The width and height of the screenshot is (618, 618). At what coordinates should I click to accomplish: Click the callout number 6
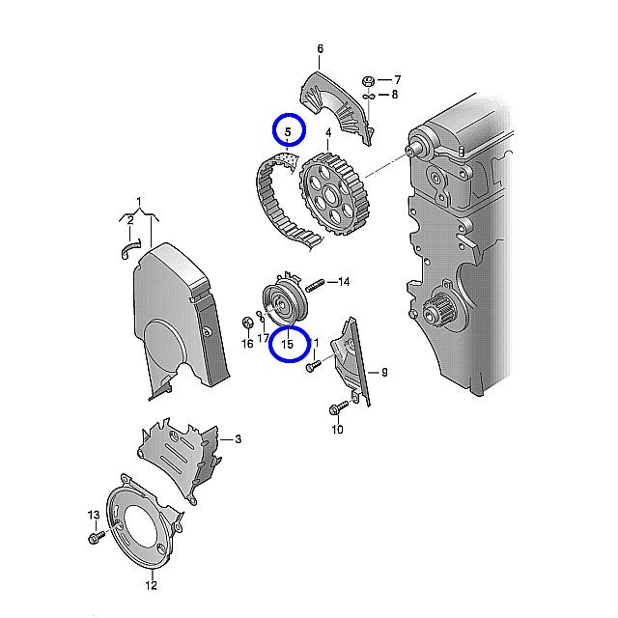click(320, 49)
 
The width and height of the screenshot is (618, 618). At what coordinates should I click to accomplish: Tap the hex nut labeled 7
click(368, 82)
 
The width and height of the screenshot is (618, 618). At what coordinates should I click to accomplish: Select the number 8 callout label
click(395, 95)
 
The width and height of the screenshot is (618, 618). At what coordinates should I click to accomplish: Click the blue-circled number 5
click(288, 132)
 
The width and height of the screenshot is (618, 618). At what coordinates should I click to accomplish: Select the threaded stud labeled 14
click(315, 285)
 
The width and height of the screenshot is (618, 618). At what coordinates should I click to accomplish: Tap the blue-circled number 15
click(288, 344)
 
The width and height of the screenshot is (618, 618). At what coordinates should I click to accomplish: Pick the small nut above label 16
click(247, 323)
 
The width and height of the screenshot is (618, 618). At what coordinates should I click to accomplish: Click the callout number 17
click(263, 338)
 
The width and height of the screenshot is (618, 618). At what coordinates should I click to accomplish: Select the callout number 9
click(384, 373)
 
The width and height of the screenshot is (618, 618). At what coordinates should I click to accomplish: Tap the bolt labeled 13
click(97, 537)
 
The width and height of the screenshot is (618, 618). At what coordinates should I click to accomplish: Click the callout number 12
click(151, 585)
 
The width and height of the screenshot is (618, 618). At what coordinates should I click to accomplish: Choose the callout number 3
click(239, 439)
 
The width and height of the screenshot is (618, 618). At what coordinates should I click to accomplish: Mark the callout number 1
click(139, 202)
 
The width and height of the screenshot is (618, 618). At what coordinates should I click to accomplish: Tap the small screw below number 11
click(314, 366)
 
